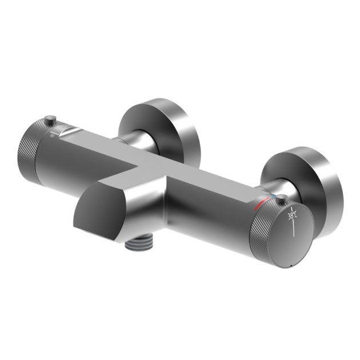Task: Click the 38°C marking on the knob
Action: point(292,216)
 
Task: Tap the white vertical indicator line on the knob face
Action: point(293,229)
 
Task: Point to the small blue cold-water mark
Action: point(273,198)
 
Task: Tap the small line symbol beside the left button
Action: point(52,135)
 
